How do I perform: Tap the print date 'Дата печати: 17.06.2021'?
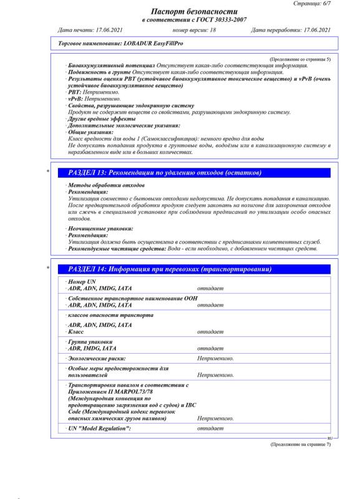point(87,30)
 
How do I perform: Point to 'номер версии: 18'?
point(194,30)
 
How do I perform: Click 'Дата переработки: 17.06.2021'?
point(288,30)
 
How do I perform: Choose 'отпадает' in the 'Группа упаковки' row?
point(210,348)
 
